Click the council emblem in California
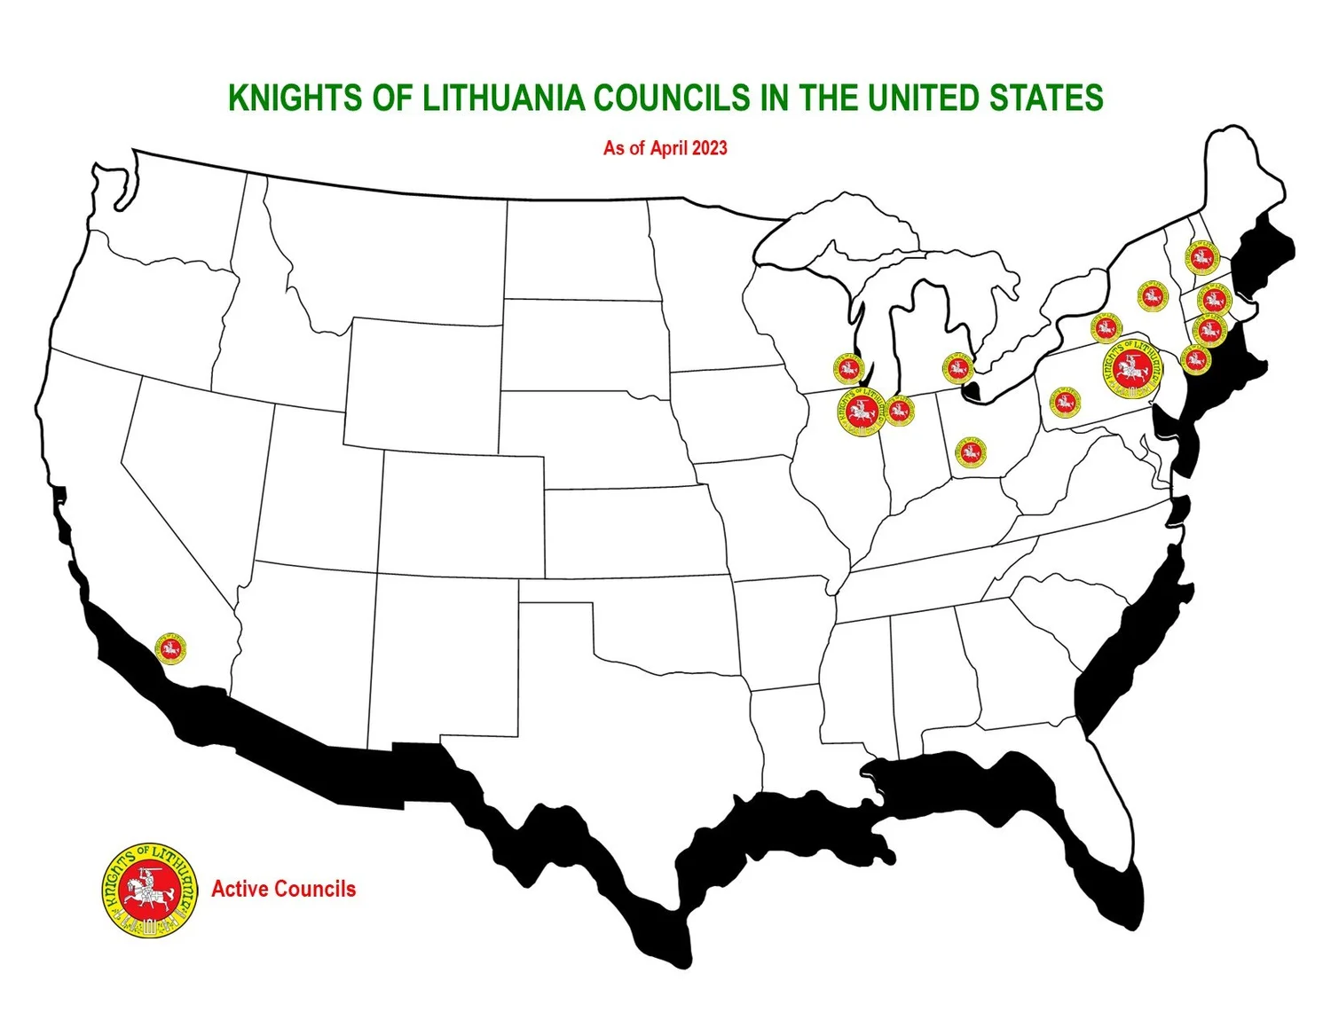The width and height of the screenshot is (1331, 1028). click(170, 649)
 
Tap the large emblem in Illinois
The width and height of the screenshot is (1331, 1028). click(859, 412)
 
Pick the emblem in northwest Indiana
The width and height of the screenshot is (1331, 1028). click(899, 411)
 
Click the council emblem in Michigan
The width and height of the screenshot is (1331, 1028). click(957, 366)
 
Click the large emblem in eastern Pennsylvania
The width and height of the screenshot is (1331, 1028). click(1131, 368)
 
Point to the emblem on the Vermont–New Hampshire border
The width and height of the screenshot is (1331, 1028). click(1202, 258)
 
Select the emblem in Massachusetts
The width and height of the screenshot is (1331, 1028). click(1215, 299)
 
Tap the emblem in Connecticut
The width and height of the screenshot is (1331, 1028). click(1209, 331)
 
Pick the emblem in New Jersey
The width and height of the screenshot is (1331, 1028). click(1195, 360)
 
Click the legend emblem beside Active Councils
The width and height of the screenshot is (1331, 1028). click(149, 890)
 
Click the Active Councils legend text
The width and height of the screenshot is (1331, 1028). click(283, 889)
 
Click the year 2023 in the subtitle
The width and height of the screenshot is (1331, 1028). click(710, 148)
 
